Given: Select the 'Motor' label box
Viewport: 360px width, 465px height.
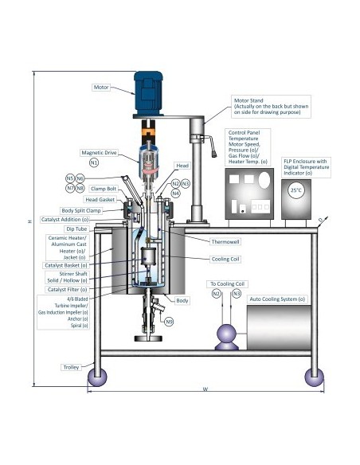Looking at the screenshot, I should pyautogui.click(x=102, y=87).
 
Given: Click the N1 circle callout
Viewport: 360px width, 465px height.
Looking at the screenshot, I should pyautogui.click(x=94, y=162).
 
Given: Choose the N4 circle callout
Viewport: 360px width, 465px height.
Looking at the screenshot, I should pyautogui.click(x=175, y=193).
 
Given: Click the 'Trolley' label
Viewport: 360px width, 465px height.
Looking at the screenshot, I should pyautogui.click(x=72, y=367).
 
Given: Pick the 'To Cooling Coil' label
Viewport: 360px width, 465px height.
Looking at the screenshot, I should pyautogui.click(x=226, y=283).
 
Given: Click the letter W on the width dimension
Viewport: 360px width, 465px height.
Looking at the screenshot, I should pyautogui.click(x=205, y=389).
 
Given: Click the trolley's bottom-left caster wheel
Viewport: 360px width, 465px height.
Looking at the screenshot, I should pyautogui.click(x=96, y=377).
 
